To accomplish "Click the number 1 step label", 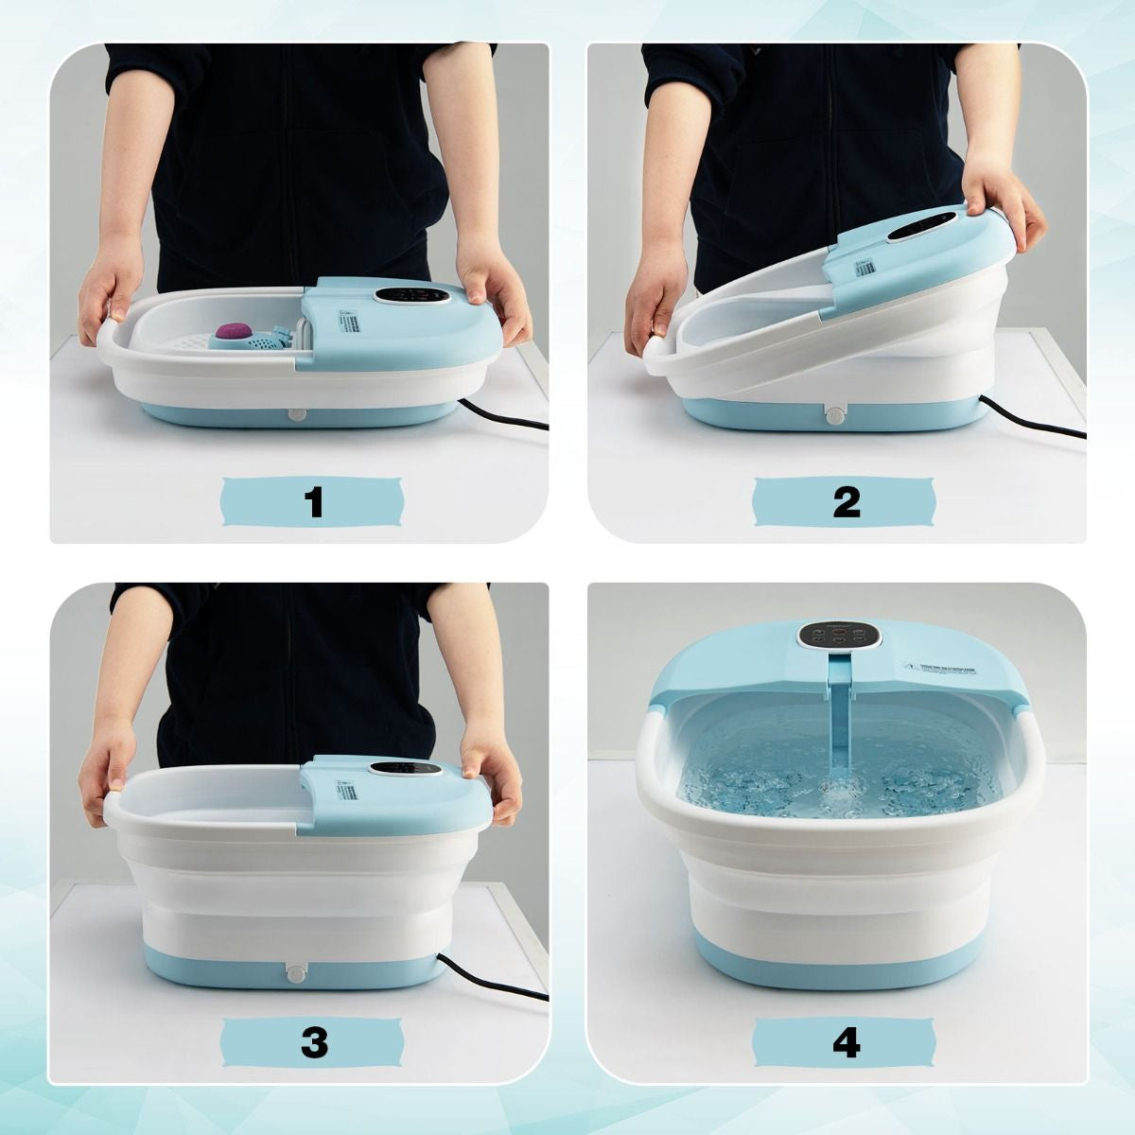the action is point(314,502).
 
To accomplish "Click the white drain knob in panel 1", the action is point(299,414).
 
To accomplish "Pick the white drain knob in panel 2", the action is point(835,415).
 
